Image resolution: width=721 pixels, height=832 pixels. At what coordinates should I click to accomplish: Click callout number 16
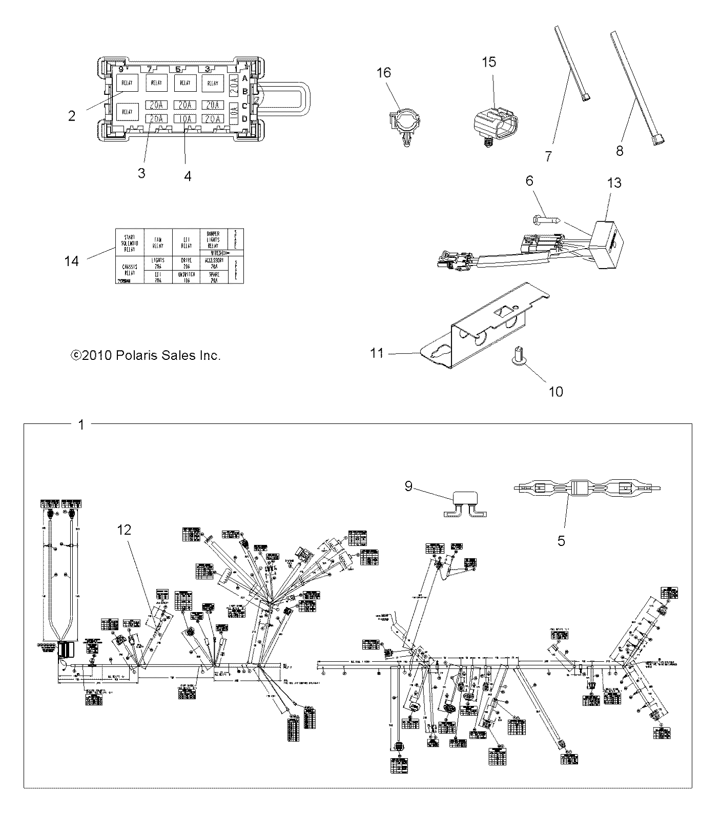pos(384,73)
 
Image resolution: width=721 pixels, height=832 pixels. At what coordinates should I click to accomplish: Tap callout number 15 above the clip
pos(489,62)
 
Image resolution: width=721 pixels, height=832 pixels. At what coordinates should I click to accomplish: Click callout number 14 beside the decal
pos(71,261)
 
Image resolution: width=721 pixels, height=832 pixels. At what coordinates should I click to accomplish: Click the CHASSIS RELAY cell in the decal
pos(129,270)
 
